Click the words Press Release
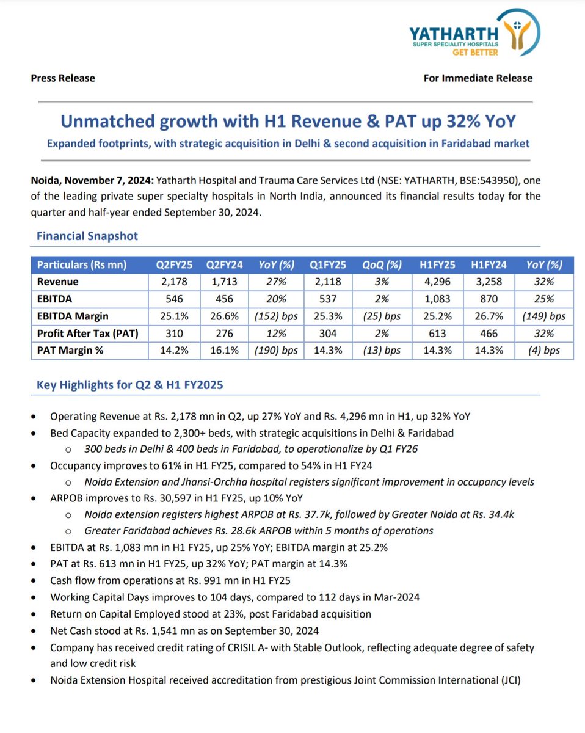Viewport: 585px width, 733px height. pyautogui.click(x=63, y=78)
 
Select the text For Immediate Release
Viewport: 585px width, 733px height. pyautogui.click(x=478, y=78)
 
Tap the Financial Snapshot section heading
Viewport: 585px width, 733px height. pyautogui.click(x=87, y=236)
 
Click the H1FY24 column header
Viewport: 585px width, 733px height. pyautogui.click(x=489, y=264)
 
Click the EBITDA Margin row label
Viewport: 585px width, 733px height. pyautogui.click(x=73, y=316)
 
